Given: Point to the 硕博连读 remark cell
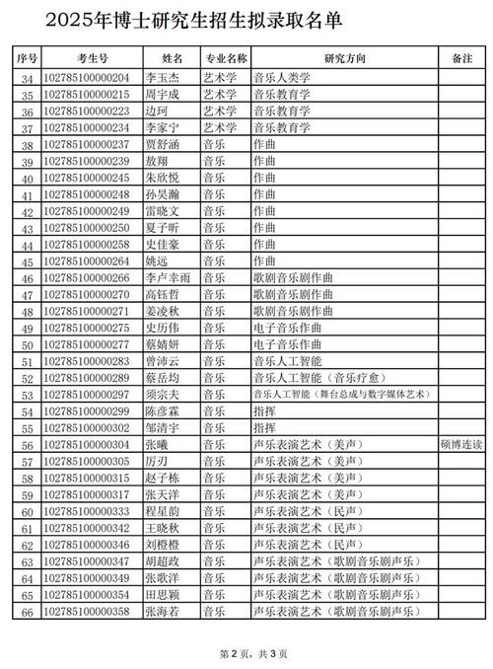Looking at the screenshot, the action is [461, 446].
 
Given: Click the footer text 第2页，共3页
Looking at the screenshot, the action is [246, 653].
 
